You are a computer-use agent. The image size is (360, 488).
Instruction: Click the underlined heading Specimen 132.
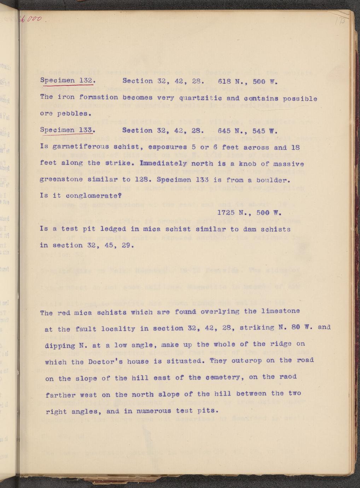click(67, 81)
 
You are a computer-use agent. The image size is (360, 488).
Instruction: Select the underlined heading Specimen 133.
click(67, 130)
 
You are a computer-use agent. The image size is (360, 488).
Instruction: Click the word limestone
click(282, 311)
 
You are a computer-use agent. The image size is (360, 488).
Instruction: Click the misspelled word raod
click(288, 377)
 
